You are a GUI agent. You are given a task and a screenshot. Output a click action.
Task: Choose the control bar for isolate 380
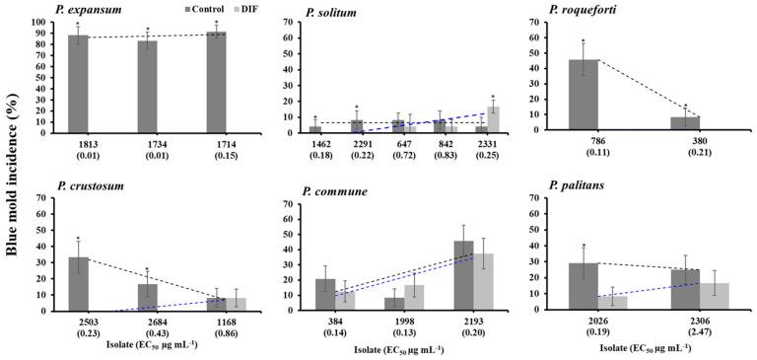685,123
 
